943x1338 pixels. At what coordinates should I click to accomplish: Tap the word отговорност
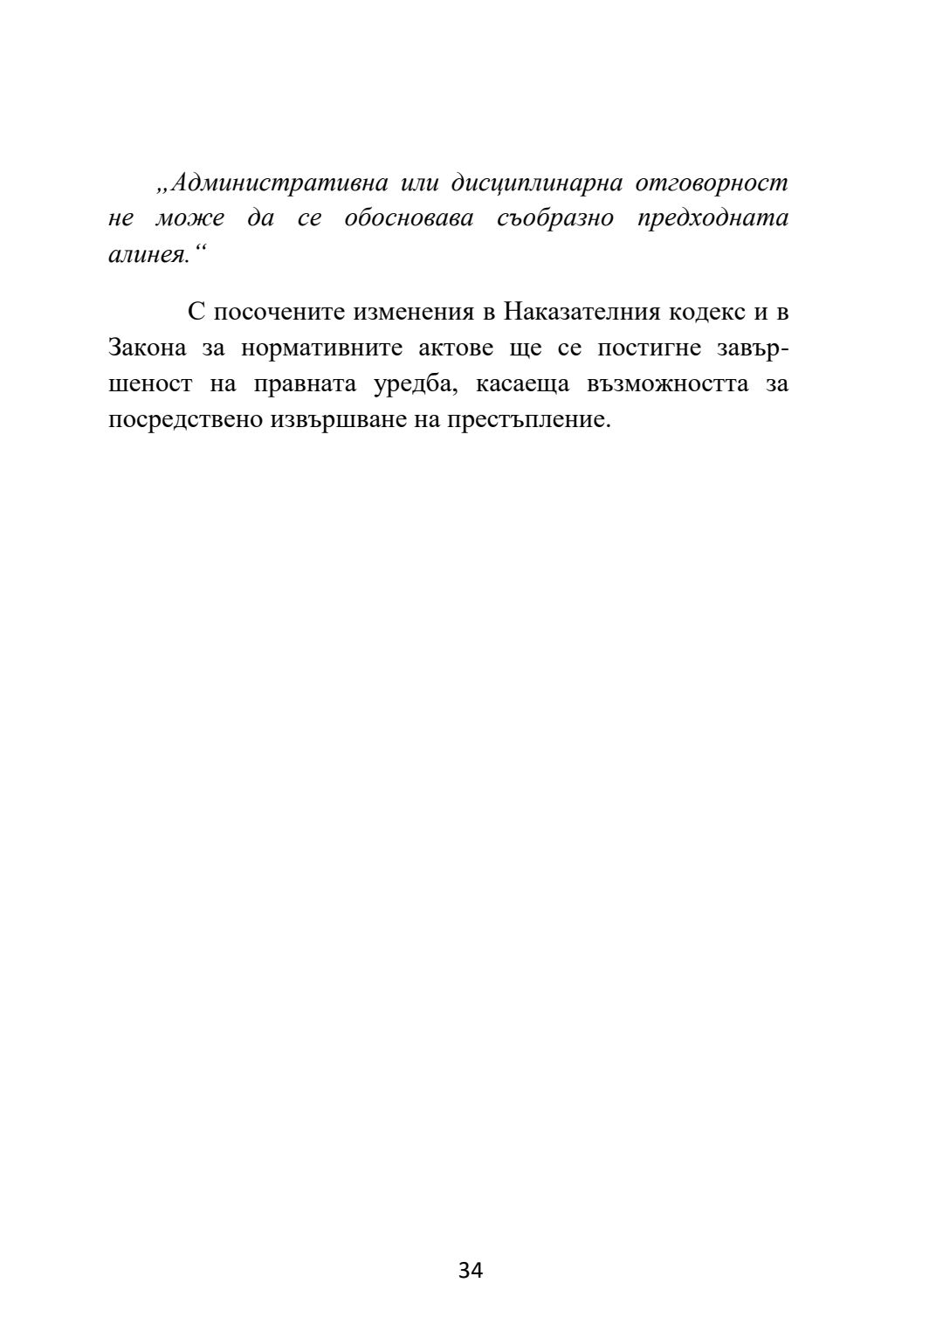(x=712, y=183)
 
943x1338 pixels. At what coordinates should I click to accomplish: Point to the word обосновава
(x=409, y=218)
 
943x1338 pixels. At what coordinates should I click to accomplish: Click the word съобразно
(x=555, y=218)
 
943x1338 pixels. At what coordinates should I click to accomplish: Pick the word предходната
(x=712, y=218)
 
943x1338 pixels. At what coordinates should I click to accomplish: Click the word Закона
(x=147, y=348)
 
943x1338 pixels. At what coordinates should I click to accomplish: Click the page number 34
(x=471, y=1271)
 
